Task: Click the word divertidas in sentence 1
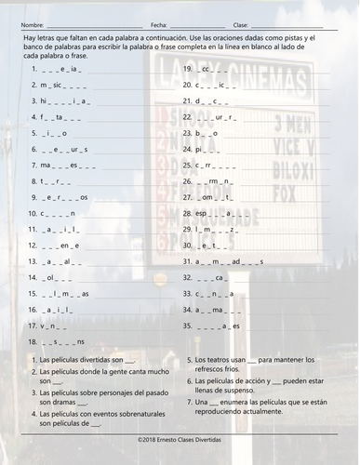pos(99,358)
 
